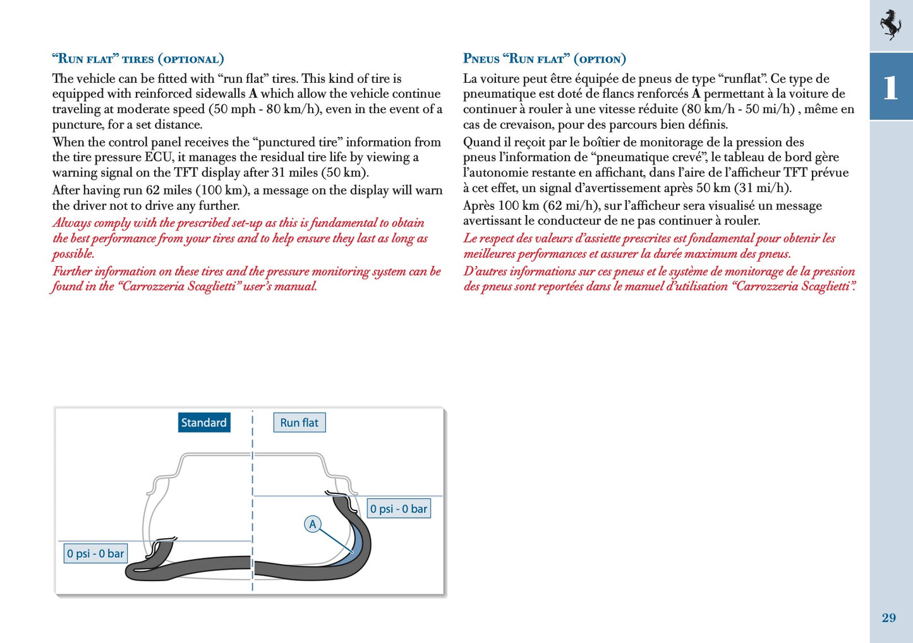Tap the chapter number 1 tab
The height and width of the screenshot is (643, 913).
pos(891,87)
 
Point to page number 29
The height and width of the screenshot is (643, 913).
pos(888,618)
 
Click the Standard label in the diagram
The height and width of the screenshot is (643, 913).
pos(203,423)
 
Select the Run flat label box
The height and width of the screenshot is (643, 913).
pos(299,423)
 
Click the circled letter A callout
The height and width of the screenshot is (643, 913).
pos(312,524)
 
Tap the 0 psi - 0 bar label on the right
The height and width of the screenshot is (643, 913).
pos(399,508)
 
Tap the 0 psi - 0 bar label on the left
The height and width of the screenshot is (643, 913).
pos(95,553)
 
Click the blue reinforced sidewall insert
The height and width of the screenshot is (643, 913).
pos(358,543)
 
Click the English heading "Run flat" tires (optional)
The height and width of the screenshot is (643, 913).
pos(138,59)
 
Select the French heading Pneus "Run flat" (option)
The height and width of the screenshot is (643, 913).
pos(544,59)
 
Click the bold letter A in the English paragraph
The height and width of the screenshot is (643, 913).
pos(253,94)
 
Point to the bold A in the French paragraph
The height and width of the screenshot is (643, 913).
pos(696,94)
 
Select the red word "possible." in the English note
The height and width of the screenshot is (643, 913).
pos(73,254)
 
